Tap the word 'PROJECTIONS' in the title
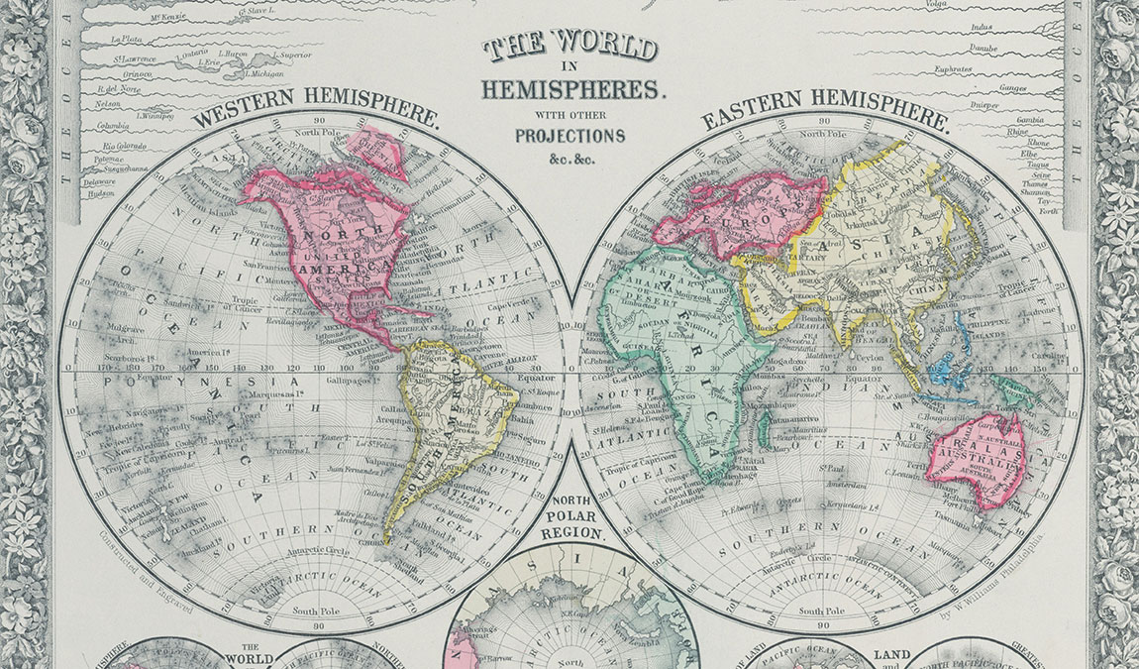point(569,136)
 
